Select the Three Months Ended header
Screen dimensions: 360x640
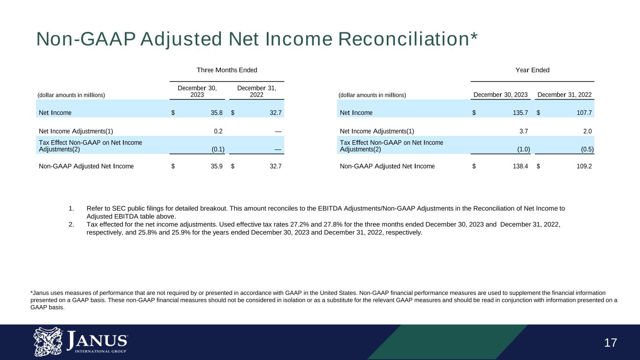(x=226, y=70)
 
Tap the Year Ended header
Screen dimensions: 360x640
(x=532, y=70)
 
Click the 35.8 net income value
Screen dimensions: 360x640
(x=216, y=112)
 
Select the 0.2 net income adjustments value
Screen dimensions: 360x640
(x=218, y=131)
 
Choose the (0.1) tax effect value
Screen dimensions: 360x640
(x=217, y=150)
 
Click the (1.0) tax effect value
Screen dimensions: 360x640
(x=523, y=150)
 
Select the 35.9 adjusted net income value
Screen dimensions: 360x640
(x=216, y=166)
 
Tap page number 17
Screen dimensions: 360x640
(x=610, y=343)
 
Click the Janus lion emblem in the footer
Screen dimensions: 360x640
(x=48, y=342)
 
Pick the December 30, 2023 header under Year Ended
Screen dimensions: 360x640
(x=501, y=95)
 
